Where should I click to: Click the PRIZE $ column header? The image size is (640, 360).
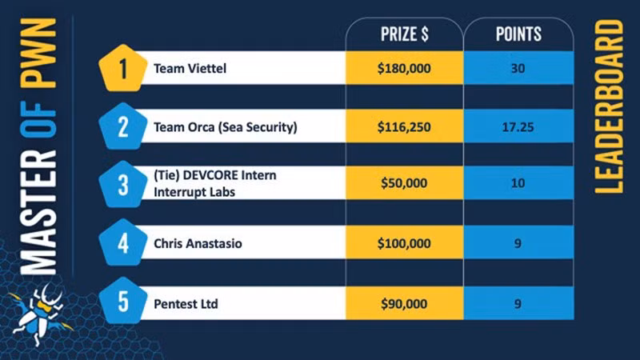tap(403, 34)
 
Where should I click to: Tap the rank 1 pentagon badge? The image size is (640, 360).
tap(123, 69)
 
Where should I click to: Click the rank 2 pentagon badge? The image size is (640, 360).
tap(123, 126)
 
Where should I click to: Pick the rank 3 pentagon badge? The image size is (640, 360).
tap(123, 185)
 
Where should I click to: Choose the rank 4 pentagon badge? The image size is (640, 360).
tap(123, 242)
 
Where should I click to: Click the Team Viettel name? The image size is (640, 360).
tap(190, 69)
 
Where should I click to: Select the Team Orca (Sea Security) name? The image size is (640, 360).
tap(226, 126)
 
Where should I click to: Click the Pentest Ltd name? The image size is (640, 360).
tap(186, 304)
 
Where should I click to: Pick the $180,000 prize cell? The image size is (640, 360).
tap(404, 69)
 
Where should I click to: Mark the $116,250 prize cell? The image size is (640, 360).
tap(404, 126)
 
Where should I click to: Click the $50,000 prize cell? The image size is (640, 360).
tap(404, 183)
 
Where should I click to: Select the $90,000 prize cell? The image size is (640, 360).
tap(404, 304)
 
